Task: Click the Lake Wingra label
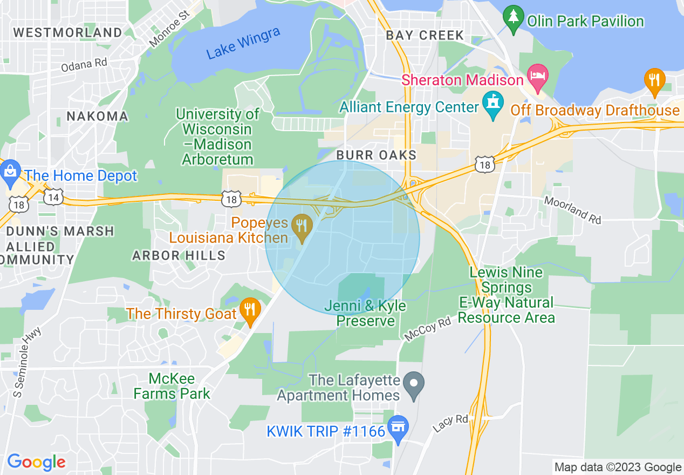click(x=243, y=43)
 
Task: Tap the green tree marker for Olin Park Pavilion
click(x=513, y=17)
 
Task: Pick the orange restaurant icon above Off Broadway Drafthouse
click(x=654, y=80)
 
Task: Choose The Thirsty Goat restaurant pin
click(x=250, y=311)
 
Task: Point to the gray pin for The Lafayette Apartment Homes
click(x=414, y=385)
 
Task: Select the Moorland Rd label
click(x=572, y=209)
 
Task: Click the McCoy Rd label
click(x=427, y=329)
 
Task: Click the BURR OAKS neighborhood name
click(x=376, y=155)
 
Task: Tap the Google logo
click(x=36, y=462)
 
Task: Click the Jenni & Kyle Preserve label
click(x=365, y=314)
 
